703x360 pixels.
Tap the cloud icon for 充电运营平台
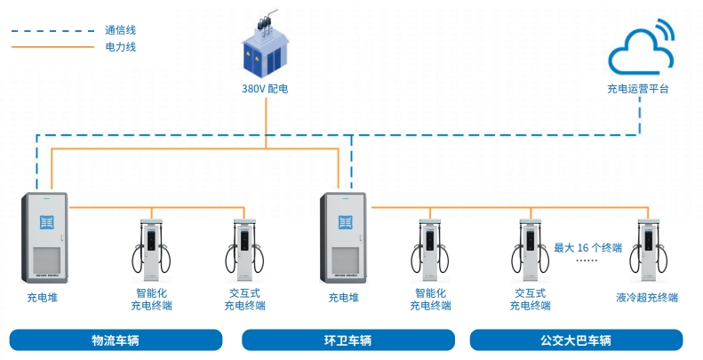(x=637, y=52)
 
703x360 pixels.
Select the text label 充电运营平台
(x=637, y=89)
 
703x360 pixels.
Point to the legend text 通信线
(x=120, y=29)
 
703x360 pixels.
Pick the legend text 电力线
(x=120, y=46)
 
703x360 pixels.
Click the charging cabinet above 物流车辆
(x=44, y=237)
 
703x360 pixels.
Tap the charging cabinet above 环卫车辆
(x=343, y=237)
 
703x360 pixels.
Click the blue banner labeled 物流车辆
(x=116, y=340)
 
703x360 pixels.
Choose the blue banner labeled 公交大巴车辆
(x=576, y=340)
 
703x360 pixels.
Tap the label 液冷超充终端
(x=647, y=298)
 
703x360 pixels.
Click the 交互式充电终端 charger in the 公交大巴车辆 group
(x=530, y=246)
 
